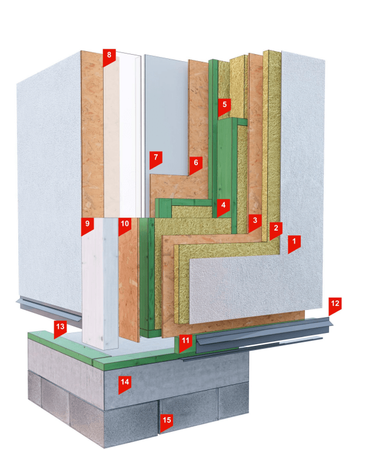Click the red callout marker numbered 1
click(x=294, y=244)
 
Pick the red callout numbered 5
click(x=224, y=107)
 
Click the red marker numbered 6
click(x=195, y=165)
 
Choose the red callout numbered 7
click(x=156, y=159)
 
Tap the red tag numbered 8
click(x=109, y=57)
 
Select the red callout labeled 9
click(x=88, y=226)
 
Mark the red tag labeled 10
click(x=125, y=226)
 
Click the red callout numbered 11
click(x=185, y=343)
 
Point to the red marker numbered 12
click(x=335, y=306)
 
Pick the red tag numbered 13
click(x=60, y=329)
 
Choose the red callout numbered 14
click(x=125, y=385)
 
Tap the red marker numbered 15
click(x=167, y=423)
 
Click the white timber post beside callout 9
click(x=100, y=283)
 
